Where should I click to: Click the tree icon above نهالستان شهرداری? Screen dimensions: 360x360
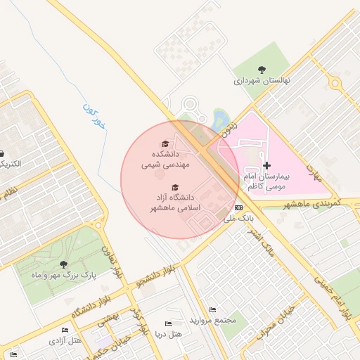262,70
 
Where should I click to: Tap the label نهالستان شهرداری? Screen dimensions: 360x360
262,80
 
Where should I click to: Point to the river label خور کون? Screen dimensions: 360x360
92,116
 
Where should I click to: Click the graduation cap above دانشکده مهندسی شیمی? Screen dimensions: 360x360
165,143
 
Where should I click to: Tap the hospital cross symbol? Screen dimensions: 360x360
266,165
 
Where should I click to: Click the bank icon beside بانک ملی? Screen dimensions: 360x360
238,208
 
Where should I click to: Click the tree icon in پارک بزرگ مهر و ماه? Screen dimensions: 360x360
64,264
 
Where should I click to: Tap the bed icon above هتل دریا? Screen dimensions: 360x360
167,322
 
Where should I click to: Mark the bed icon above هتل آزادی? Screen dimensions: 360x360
65,330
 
